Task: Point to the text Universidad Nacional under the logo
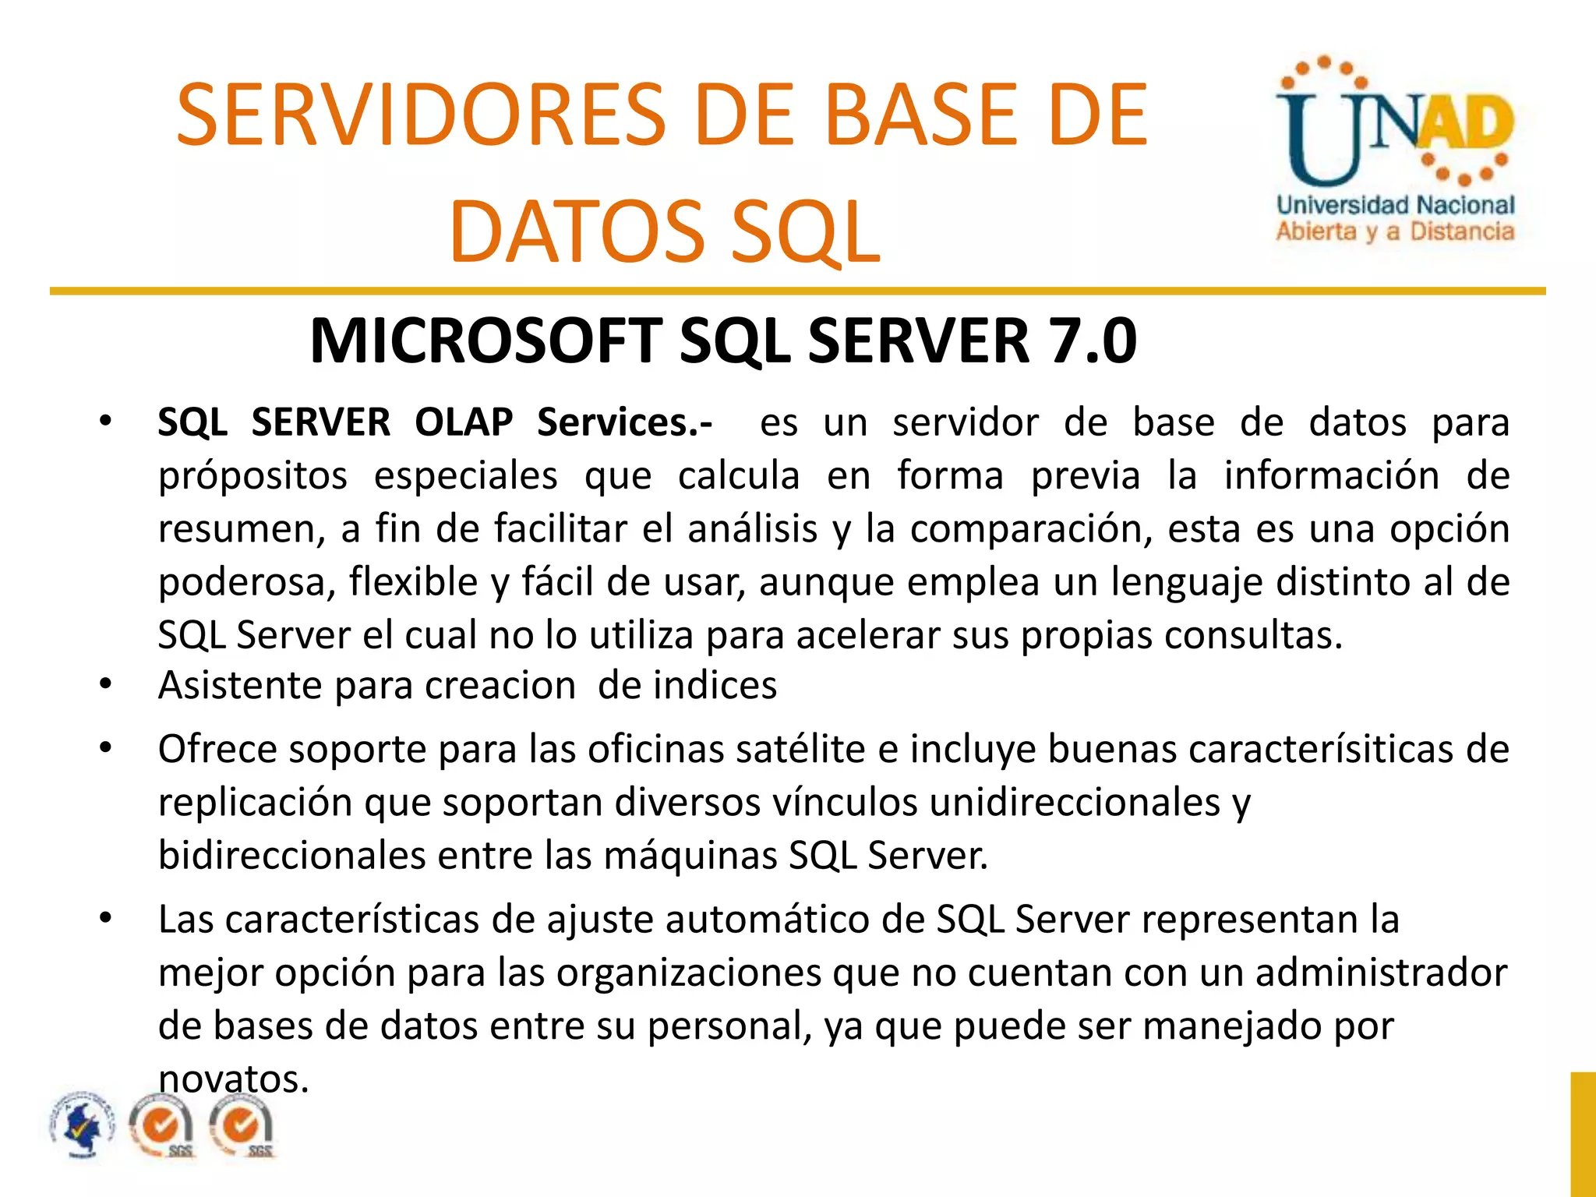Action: (1395, 206)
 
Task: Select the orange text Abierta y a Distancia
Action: (1395, 231)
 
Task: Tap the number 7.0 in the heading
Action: (1093, 341)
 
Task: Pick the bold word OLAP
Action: (464, 423)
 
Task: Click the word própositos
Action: (252, 476)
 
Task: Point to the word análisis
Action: (753, 529)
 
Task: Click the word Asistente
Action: (240, 686)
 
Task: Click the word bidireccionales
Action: (291, 856)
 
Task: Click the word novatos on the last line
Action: (234, 1079)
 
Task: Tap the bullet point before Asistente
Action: (106, 686)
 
